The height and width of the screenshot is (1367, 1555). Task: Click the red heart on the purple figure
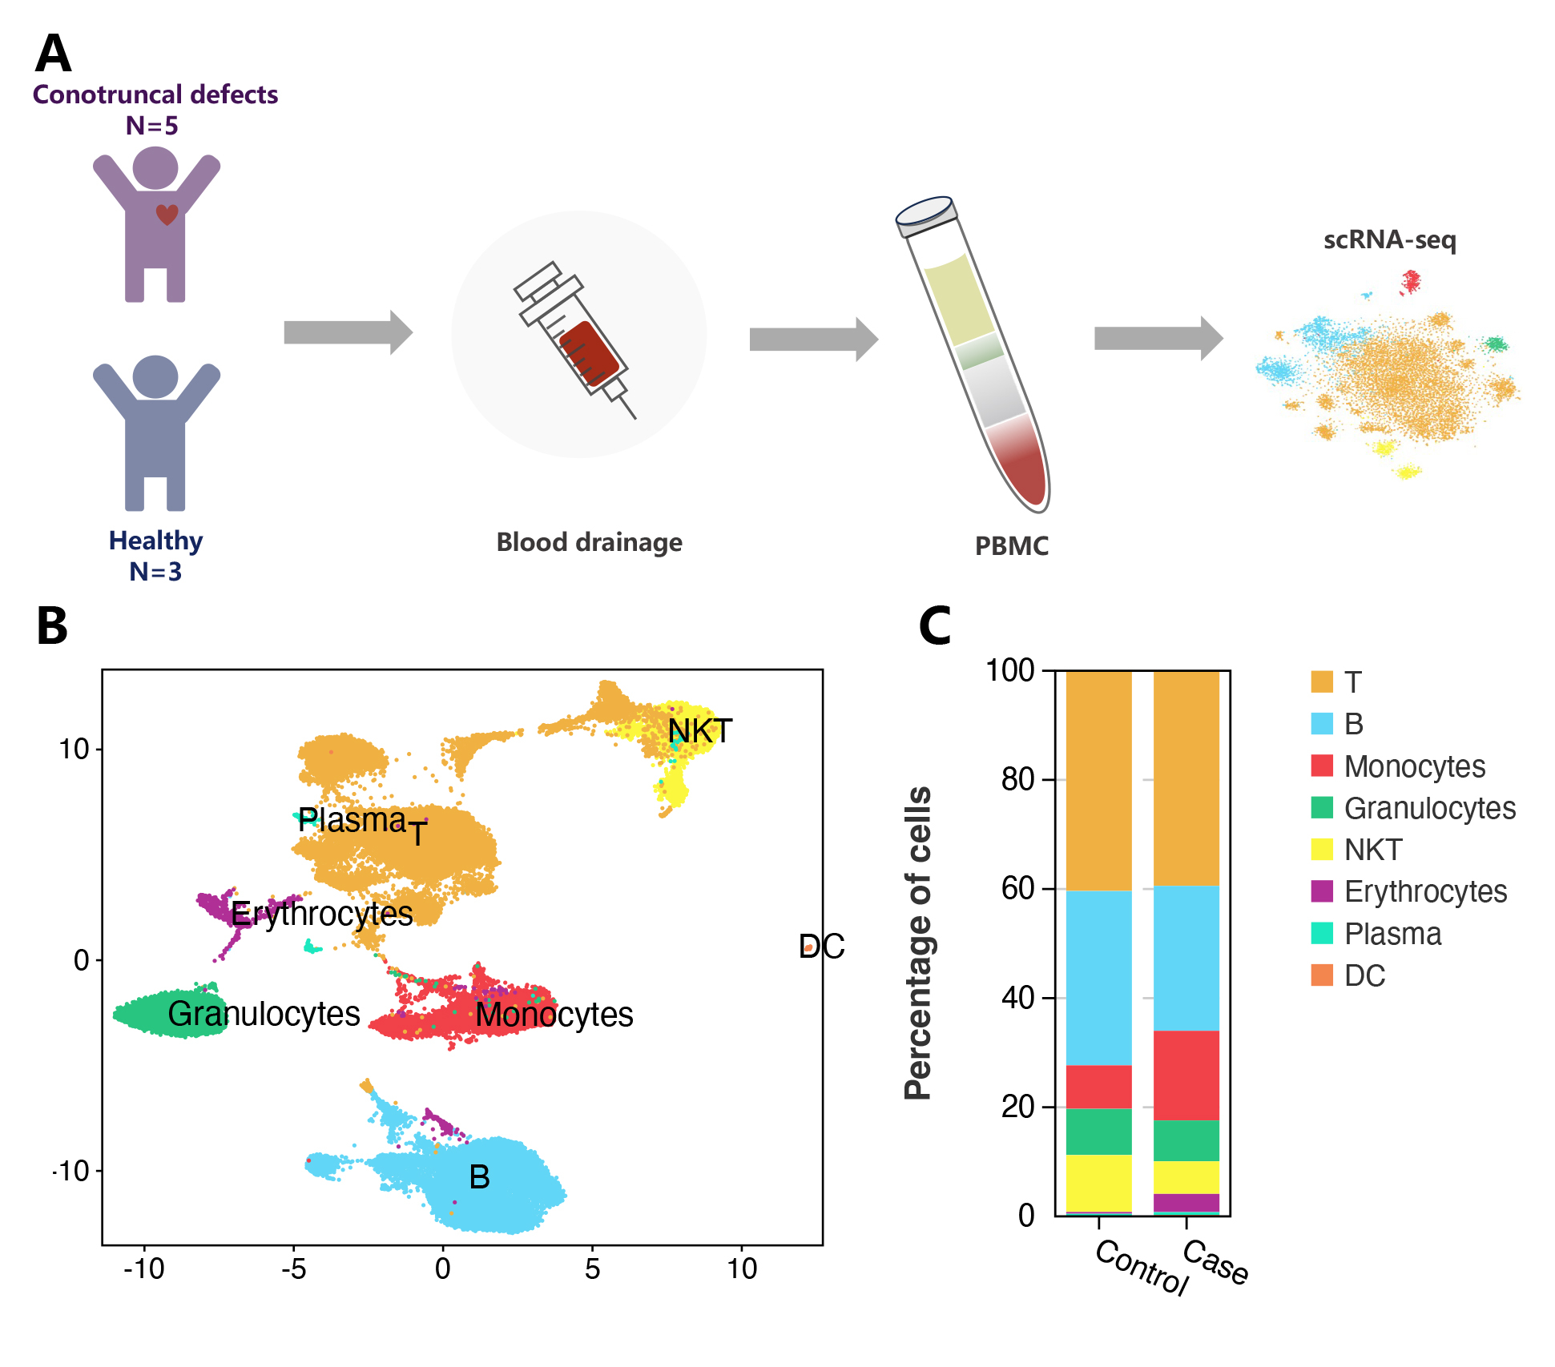point(167,214)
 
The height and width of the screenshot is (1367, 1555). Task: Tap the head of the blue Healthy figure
point(155,376)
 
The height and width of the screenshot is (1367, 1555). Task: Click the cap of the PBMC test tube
point(925,215)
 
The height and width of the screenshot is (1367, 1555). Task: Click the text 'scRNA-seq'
point(1389,239)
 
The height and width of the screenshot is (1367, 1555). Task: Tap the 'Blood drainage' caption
point(589,542)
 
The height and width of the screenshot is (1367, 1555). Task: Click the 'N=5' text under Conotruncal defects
point(151,126)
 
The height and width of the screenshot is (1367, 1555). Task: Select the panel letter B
point(52,625)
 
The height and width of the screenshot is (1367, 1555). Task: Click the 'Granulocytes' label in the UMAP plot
point(264,1014)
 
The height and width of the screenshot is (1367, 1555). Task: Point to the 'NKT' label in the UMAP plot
point(699,731)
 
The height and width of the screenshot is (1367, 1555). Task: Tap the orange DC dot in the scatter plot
point(808,948)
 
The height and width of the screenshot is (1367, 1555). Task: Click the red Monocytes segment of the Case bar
point(1186,1075)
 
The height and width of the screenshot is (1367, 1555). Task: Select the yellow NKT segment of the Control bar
point(1098,1183)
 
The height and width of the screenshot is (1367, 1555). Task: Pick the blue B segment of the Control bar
point(1098,977)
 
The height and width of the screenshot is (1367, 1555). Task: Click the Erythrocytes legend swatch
point(1322,891)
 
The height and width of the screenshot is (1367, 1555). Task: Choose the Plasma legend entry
point(1392,934)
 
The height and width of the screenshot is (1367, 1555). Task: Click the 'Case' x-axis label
point(1215,1262)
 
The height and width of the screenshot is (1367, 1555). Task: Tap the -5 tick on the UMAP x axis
point(293,1268)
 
